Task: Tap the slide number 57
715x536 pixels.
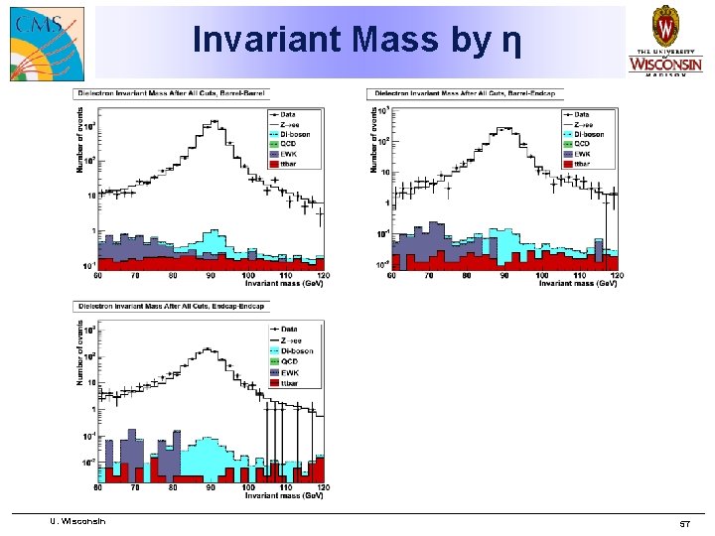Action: click(x=683, y=522)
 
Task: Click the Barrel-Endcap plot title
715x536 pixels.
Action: click(x=466, y=93)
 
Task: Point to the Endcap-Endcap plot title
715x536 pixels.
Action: click(x=170, y=307)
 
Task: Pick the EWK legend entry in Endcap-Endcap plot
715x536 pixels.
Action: click(x=288, y=371)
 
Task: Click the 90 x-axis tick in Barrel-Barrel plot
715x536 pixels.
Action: click(x=210, y=275)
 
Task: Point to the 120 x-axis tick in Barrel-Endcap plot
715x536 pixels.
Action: click(x=616, y=275)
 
